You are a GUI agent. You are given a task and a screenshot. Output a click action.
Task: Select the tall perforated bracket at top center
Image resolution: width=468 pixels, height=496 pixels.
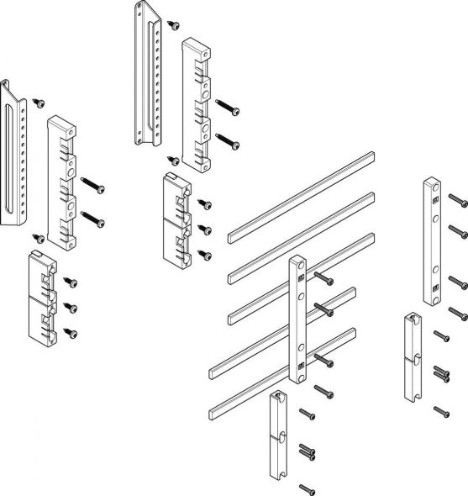[x=148, y=76]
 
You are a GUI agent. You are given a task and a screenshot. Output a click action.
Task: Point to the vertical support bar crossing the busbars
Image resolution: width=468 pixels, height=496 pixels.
[x=299, y=319]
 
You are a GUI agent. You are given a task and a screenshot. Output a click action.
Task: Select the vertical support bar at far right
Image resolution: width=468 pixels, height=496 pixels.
[x=434, y=240]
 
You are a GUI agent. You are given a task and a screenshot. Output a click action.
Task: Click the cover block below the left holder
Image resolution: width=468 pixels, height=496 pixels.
[x=44, y=299]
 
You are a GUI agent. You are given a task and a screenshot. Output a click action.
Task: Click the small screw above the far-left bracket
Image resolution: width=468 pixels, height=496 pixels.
[x=39, y=102]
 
